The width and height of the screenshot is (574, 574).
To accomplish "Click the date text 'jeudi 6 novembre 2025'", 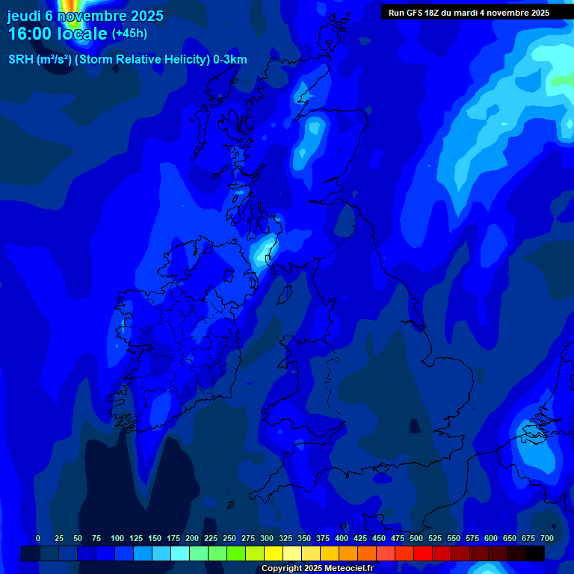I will pyautogui.click(x=85, y=16).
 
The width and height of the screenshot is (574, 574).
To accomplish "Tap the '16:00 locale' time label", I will pyautogui.click(x=58, y=34).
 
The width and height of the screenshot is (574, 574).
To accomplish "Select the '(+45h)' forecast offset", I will pyautogui.click(x=129, y=34).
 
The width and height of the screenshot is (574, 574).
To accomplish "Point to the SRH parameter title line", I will pyautogui.click(x=127, y=60).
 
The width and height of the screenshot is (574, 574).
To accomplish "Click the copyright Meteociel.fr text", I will pyautogui.click(x=317, y=568).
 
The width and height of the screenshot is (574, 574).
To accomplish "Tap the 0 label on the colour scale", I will pyautogui.click(x=38, y=538).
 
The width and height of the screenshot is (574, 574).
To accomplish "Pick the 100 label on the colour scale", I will pyautogui.click(x=117, y=538).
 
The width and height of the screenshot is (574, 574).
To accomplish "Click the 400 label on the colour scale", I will pyautogui.click(x=342, y=538).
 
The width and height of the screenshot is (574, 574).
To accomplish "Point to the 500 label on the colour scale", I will pyautogui.click(x=416, y=538).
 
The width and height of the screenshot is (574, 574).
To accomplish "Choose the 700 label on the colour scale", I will pyautogui.click(x=547, y=538).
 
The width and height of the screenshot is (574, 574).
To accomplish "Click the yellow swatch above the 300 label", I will pyautogui.click(x=274, y=553).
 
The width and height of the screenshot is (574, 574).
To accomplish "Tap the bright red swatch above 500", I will pyautogui.click(x=423, y=553).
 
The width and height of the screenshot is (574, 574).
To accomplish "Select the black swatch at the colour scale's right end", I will pyautogui.click(x=535, y=553).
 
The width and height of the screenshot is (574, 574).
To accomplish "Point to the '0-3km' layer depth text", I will pyautogui.click(x=229, y=60).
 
